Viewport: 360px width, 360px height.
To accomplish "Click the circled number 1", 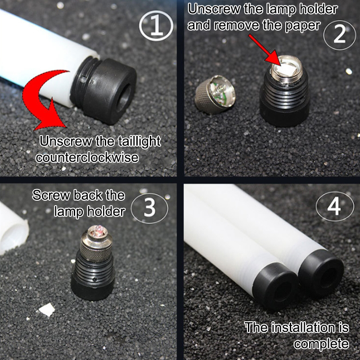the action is click(156, 26).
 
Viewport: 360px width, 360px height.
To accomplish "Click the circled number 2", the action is click(340, 35).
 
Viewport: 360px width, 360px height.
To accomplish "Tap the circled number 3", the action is click(149, 208).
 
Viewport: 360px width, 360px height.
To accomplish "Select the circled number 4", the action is click(334, 207).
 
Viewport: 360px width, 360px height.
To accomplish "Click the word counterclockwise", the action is click(87, 157).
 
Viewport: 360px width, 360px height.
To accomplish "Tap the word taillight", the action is click(139, 141).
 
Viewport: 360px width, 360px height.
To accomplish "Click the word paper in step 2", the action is click(302, 26).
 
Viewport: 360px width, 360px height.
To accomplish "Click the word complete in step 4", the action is click(321, 344).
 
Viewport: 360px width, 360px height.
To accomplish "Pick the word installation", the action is click(303, 327).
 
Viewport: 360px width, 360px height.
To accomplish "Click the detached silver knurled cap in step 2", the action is click(215, 94).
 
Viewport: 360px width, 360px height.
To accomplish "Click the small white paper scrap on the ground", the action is click(47, 309).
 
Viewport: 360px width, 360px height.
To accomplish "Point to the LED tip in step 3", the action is click(98, 230).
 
